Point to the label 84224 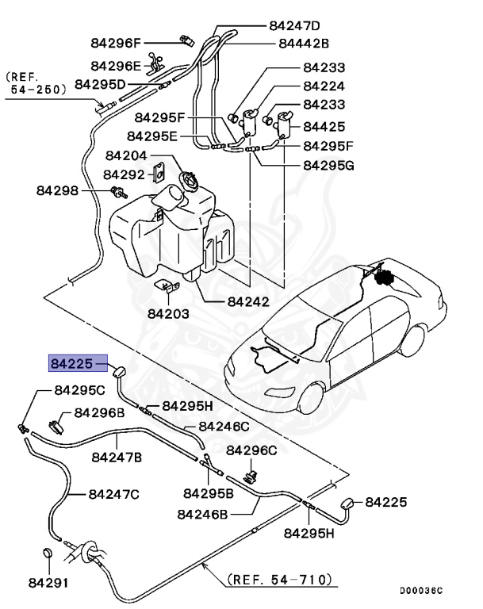click(323, 86)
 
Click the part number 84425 click(323, 125)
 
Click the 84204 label click(127, 156)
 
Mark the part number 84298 click(57, 190)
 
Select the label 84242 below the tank click(248, 301)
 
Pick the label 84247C click(113, 494)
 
